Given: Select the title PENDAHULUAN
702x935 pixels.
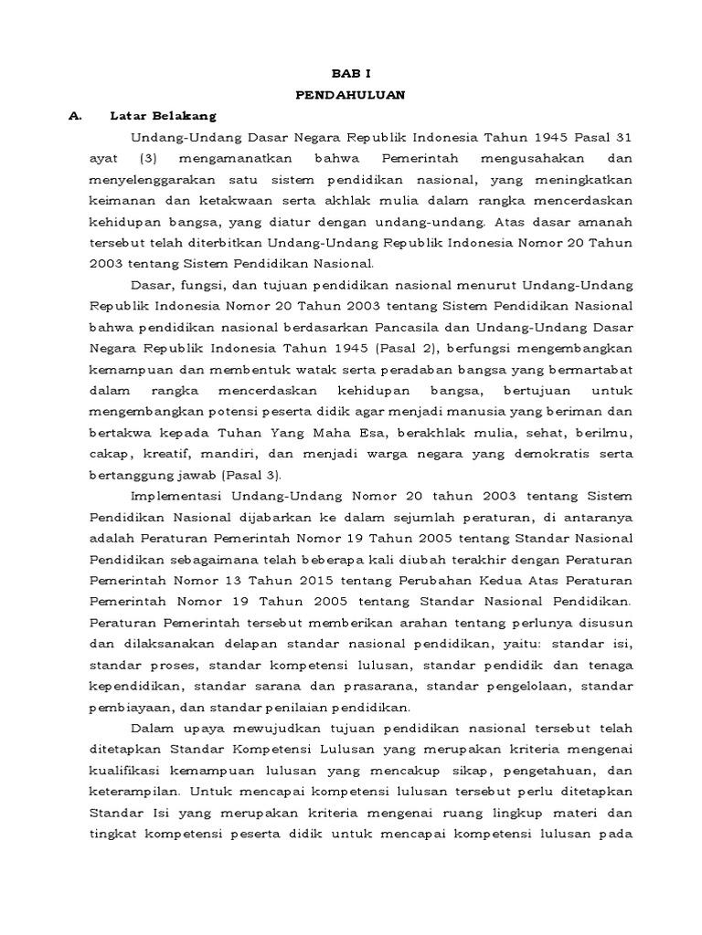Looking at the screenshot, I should (x=352, y=94).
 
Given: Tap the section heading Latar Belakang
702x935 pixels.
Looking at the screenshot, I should (x=163, y=116).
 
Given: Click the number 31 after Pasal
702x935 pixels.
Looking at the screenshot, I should (x=622, y=137).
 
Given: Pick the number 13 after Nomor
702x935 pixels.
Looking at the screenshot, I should (x=208, y=580).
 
